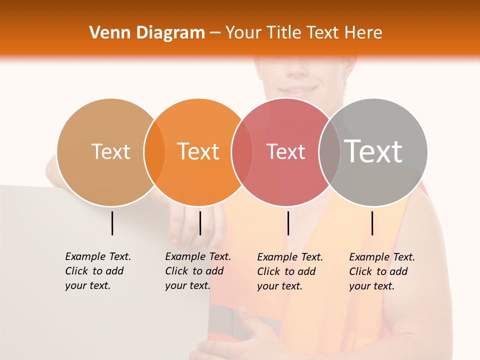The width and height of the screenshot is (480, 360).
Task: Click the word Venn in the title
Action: [106, 33]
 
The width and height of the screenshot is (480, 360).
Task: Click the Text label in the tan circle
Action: [110, 151]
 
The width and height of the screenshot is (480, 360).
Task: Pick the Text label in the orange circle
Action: [198, 151]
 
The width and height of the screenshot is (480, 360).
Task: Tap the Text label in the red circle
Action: [285, 151]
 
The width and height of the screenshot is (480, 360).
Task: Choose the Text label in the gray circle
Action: [373, 151]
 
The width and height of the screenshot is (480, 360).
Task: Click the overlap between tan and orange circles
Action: [154, 152]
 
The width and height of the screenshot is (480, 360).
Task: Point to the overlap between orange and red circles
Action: [242, 152]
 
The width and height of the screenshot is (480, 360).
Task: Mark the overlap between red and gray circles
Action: [329, 152]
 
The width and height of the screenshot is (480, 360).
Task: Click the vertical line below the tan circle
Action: [112, 223]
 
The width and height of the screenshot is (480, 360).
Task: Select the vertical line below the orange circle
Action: [200, 223]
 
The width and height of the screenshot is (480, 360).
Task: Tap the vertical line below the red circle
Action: [288, 223]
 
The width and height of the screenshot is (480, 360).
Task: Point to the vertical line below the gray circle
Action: [372, 223]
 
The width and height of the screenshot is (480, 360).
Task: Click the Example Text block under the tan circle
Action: [98, 271]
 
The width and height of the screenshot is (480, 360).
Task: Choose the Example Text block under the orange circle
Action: [198, 271]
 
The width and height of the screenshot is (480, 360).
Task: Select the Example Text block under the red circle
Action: [290, 271]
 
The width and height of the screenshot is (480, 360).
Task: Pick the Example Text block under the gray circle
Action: [382, 271]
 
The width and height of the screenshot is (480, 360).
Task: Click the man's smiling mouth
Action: [298, 90]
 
